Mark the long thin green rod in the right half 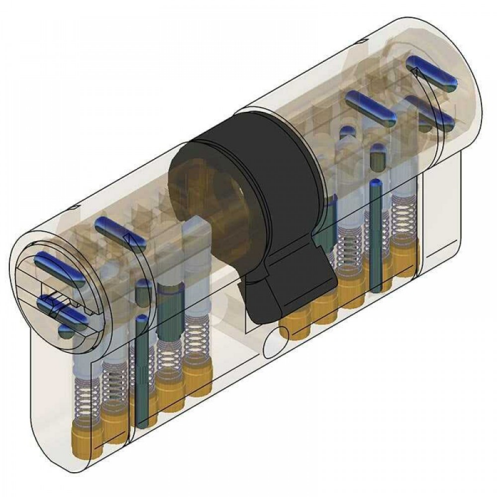pyautogui.click(x=375, y=236)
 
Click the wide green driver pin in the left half pyautogui.click(x=167, y=304)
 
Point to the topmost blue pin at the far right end pyautogui.click(x=432, y=71)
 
